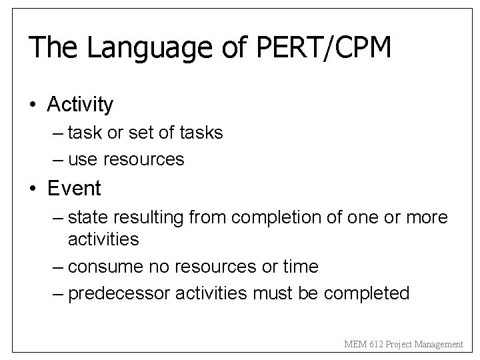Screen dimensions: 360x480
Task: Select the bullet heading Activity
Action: point(80,105)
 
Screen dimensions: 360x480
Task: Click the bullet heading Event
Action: point(74,189)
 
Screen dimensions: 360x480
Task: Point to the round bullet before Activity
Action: point(33,105)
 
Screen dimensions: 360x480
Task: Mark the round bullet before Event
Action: point(33,189)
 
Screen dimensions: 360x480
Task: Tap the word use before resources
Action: point(82,160)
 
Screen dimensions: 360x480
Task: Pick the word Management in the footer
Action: point(436,345)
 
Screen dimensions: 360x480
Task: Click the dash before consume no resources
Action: point(58,267)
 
